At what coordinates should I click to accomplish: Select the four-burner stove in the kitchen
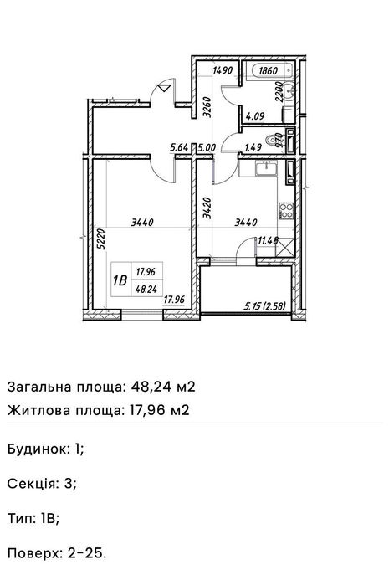click(x=286, y=210)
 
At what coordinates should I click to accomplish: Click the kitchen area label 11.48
click(x=269, y=241)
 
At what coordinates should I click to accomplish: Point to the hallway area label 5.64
click(x=178, y=148)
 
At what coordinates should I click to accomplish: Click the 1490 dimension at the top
click(x=222, y=71)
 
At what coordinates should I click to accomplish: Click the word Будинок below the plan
click(x=38, y=448)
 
